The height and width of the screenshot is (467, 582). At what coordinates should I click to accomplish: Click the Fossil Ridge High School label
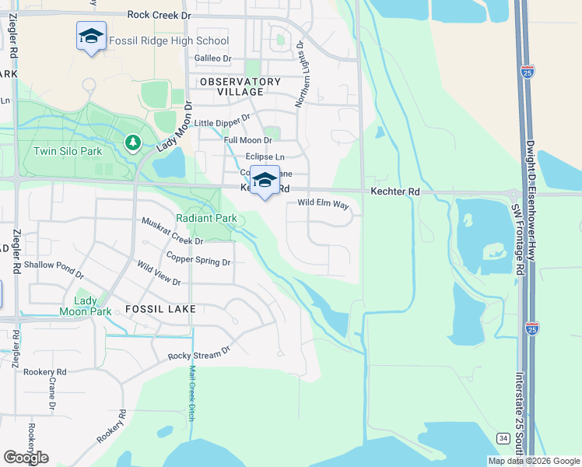[x=169, y=40]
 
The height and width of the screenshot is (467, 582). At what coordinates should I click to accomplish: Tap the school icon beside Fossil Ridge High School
[x=91, y=37]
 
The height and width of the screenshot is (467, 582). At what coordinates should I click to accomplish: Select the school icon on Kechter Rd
[x=265, y=180]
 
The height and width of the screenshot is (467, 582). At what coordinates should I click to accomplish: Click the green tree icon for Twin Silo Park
[x=133, y=142]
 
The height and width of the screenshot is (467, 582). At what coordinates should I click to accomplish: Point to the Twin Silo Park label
[x=68, y=151]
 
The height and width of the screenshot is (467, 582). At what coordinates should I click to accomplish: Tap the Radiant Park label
[x=206, y=219]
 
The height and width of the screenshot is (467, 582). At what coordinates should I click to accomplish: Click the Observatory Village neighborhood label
[x=240, y=86]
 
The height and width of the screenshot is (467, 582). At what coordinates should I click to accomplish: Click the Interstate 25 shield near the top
[x=529, y=72]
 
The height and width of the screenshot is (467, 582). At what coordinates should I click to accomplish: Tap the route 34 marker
[x=504, y=439]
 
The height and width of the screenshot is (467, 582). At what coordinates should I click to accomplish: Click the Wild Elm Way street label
[x=323, y=203]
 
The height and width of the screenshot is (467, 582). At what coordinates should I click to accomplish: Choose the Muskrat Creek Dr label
[x=172, y=232]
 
